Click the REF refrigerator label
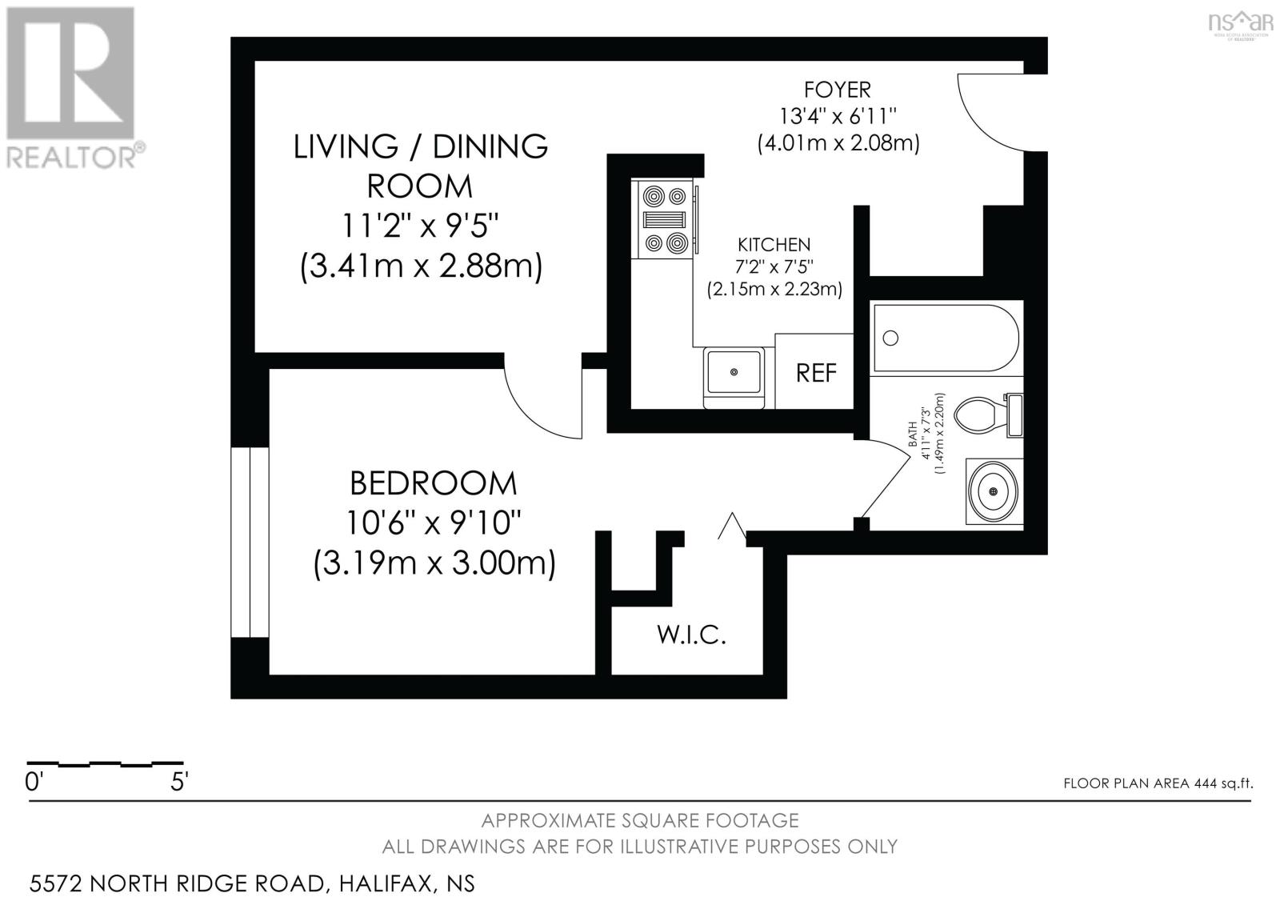[816, 373]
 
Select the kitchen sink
[733, 372]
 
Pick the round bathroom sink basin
[994, 491]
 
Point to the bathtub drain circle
[890, 338]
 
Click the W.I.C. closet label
[691, 635]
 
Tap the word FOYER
[838, 89]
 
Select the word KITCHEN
[774, 245]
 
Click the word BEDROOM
[433, 483]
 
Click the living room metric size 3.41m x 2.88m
[421, 266]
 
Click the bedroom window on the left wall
[250, 542]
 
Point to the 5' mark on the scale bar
[179, 782]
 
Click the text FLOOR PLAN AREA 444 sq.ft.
[1157, 783]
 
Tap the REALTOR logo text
[72, 156]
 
